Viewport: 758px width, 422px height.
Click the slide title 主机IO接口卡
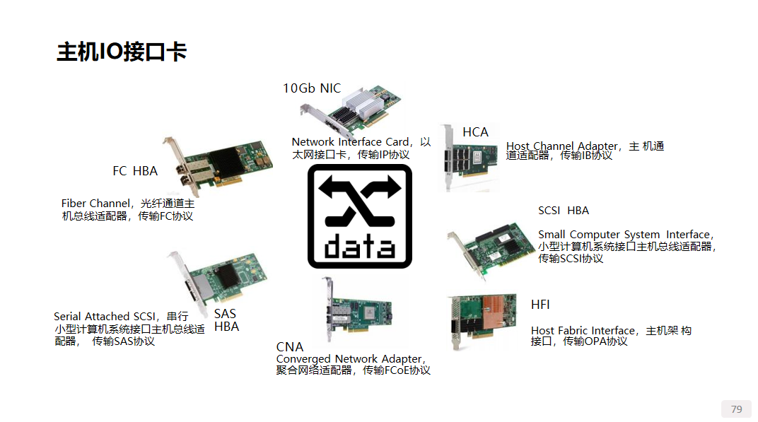[x=121, y=52]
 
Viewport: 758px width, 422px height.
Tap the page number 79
[x=736, y=409]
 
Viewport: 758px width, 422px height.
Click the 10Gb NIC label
[x=312, y=88]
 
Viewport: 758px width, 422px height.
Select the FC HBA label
[x=135, y=171]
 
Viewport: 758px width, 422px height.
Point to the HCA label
[x=475, y=132]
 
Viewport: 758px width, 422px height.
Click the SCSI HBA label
[x=564, y=211]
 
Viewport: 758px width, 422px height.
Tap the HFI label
[x=540, y=305]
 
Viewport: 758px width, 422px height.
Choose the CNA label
[x=290, y=347]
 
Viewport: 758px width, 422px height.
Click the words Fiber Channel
[x=95, y=204]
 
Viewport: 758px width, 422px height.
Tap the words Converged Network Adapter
[x=349, y=359]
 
